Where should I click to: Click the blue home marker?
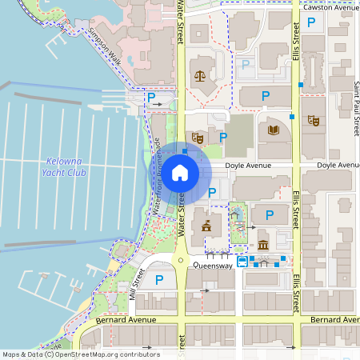[x=180, y=172]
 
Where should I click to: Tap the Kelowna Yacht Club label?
[x=63, y=166]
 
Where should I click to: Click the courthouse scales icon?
[x=199, y=76]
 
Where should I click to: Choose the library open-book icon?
[x=274, y=130]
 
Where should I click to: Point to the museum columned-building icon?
[x=264, y=244]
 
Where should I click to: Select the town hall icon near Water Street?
[x=207, y=226]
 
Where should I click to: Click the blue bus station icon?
[x=242, y=262]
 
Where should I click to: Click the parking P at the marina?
[x=150, y=97]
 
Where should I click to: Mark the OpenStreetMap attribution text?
[x=80, y=354]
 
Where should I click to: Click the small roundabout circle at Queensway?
[x=182, y=261]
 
